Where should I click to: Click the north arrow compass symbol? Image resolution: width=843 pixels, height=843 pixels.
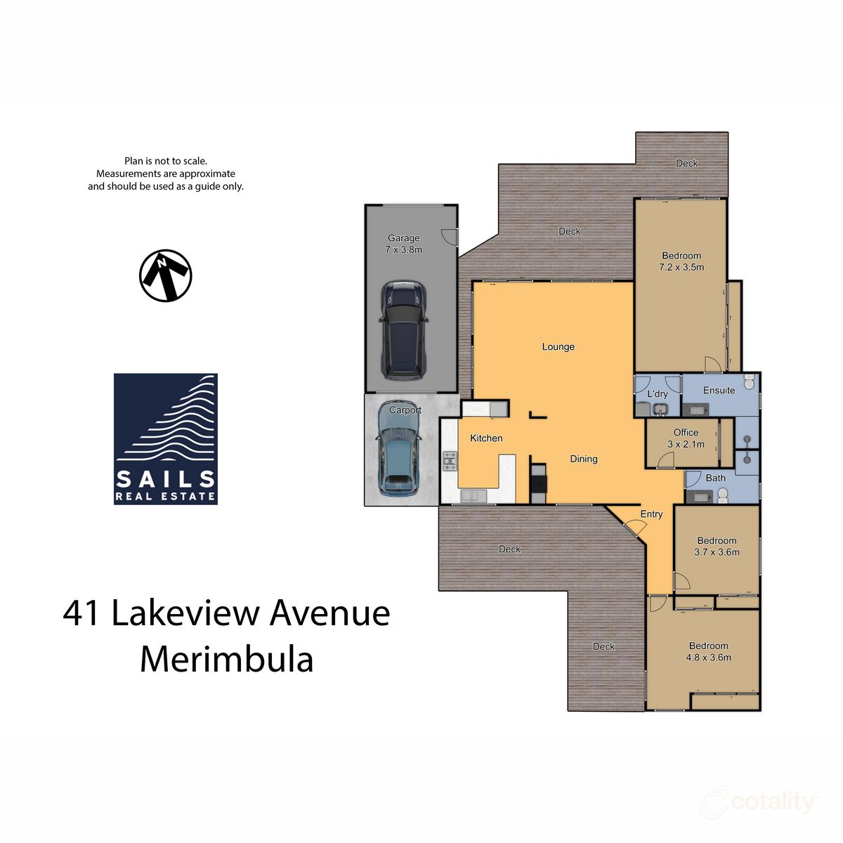point(166,275)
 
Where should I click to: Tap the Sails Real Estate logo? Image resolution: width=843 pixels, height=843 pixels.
point(166,439)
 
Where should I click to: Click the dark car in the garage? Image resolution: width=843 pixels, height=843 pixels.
point(403,330)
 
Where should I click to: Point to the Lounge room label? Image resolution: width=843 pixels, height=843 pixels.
point(558,347)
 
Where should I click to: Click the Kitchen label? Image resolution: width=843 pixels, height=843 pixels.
point(486,438)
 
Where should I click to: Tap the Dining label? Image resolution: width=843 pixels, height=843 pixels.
point(583,459)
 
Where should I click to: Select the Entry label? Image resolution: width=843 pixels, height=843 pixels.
point(651,514)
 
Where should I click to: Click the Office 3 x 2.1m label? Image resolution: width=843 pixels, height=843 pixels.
point(686,438)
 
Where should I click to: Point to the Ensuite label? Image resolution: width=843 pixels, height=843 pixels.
point(719,391)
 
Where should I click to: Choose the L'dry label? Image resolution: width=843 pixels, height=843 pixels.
point(658,394)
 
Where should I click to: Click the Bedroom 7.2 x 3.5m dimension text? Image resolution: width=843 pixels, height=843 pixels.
point(681,268)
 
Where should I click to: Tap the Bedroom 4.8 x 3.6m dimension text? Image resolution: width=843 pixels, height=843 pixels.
point(709,658)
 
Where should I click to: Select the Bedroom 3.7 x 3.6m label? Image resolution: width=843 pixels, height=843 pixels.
point(717,547)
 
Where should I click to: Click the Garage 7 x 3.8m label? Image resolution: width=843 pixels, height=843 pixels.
point(404,244)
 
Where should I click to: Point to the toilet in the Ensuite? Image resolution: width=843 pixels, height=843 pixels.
point(749,383)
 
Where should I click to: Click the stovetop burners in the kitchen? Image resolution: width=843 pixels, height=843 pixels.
point(450,461)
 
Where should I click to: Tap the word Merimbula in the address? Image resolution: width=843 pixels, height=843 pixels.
point(226,660)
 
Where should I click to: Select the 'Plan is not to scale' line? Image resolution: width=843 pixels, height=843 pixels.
point(166,161)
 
